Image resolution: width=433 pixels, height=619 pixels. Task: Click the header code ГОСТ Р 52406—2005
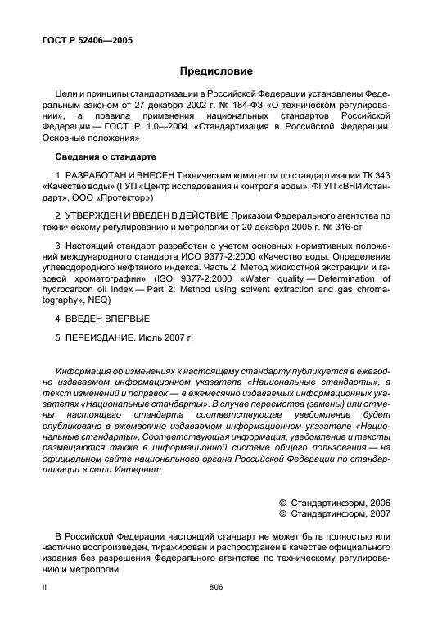(86, 40)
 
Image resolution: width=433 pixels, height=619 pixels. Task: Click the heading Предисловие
(216, 71)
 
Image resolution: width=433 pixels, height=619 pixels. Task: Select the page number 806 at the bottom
(216, 586)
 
